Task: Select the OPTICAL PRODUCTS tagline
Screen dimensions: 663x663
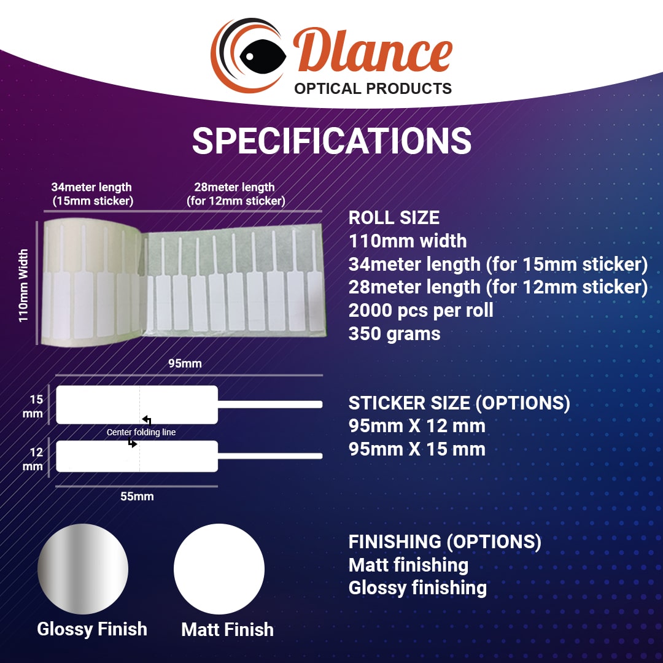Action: pos(373,88)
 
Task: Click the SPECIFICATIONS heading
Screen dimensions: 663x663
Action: pos(331,141)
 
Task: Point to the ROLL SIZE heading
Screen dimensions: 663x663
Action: pos(394,218)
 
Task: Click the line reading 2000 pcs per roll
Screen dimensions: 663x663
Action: pos(421,310)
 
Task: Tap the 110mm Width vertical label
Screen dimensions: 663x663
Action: pos(24,285)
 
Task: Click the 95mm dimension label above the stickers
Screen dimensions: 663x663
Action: pos(185,363)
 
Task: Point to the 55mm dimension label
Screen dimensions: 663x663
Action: pos(137,496)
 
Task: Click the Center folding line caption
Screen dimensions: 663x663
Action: pos(141,432)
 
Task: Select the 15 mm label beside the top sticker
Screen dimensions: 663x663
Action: pos(36,406)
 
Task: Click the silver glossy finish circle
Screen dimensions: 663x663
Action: pos(83,569)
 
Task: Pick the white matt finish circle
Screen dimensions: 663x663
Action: pos(219,569)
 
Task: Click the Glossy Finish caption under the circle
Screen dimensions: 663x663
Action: pos(92,629)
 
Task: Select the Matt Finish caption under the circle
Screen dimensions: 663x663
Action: pos(227,629)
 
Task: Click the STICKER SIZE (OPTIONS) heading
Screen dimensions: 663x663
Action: pos(459,403)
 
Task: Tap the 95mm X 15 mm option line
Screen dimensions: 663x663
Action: pos(417,449)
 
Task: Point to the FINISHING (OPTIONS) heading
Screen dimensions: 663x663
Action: pos(445,542)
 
